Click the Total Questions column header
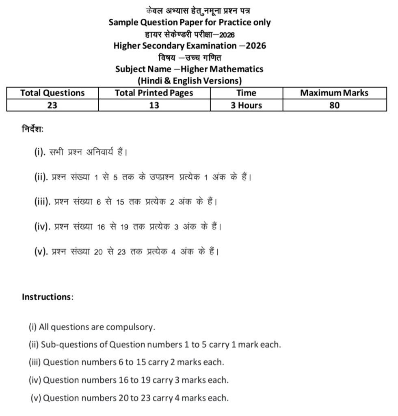point(52,93)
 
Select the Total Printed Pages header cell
point(154,93)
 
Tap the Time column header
point(246,93)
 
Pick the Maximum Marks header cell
point(334,93)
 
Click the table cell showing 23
point(52,105)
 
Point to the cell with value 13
point(154,105)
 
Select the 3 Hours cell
point(246,105)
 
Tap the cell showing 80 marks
point(334,105)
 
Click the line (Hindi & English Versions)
point(190,80)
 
